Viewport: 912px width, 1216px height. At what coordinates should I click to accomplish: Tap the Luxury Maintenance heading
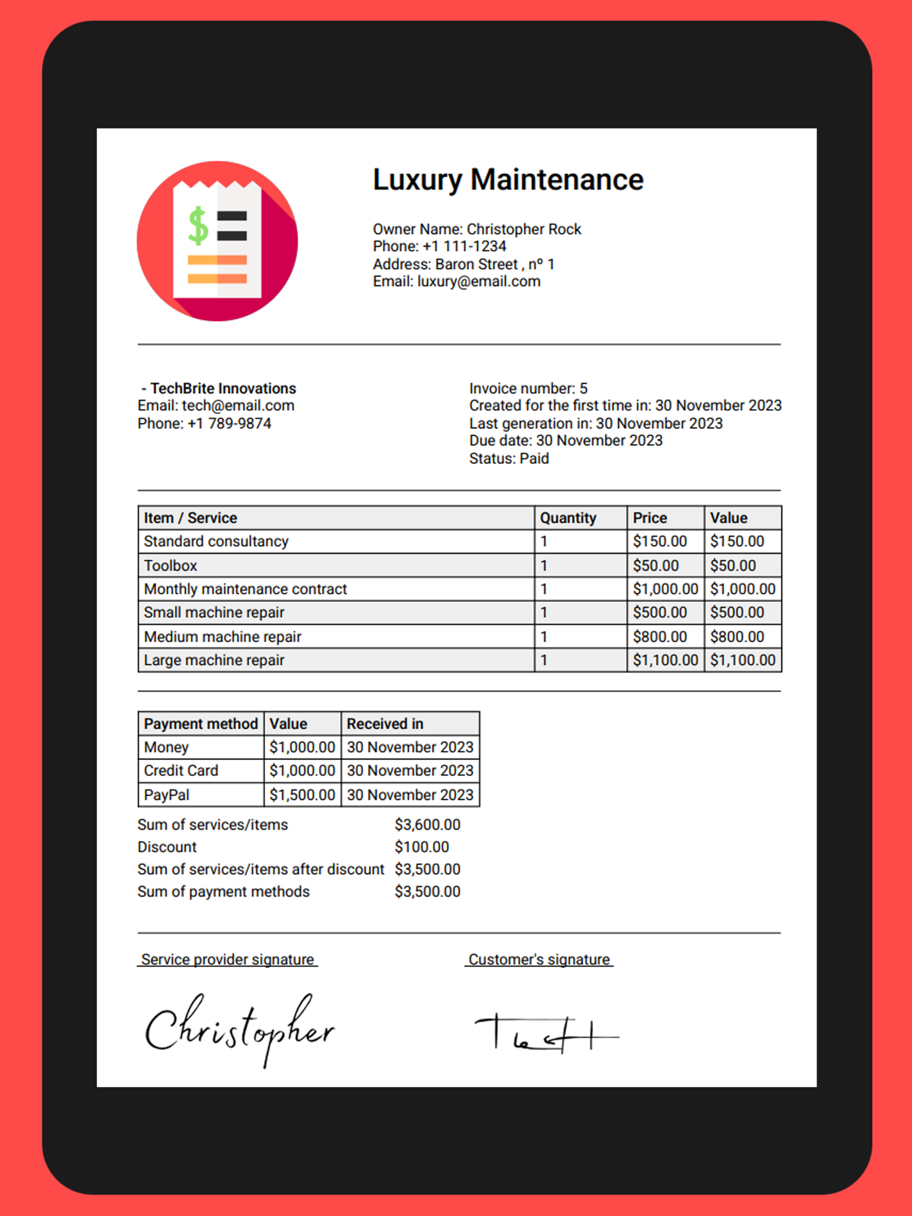click(508, 180)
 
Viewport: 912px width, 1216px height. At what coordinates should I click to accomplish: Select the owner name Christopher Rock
click(524, 229)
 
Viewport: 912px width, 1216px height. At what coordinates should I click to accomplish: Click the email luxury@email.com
click(479, 281)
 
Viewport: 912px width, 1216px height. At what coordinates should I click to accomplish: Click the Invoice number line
click(528, 389)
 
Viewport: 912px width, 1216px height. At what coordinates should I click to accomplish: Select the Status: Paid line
click(509, 458)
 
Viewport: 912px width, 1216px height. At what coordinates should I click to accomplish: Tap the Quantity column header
click(568, 518)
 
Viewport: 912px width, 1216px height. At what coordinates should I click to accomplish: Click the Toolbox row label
click(171, 566)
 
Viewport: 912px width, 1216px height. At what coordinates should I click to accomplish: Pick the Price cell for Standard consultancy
click(660, 542)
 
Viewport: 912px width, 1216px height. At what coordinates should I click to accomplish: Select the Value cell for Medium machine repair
click(737, 636)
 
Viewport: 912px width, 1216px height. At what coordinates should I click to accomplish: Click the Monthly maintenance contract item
click(245, 589)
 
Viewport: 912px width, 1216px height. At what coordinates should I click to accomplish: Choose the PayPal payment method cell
click(167, 795)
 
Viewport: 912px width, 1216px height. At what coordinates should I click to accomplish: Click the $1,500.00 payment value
click(302, 795)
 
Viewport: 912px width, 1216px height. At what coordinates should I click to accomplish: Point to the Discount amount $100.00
click(422, 847)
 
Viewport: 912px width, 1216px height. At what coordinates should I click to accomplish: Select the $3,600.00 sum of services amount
click(427, 825)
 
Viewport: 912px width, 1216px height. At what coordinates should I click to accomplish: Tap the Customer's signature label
click(539, 959)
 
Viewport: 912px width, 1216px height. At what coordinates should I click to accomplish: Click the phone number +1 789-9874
click(229, 423)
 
